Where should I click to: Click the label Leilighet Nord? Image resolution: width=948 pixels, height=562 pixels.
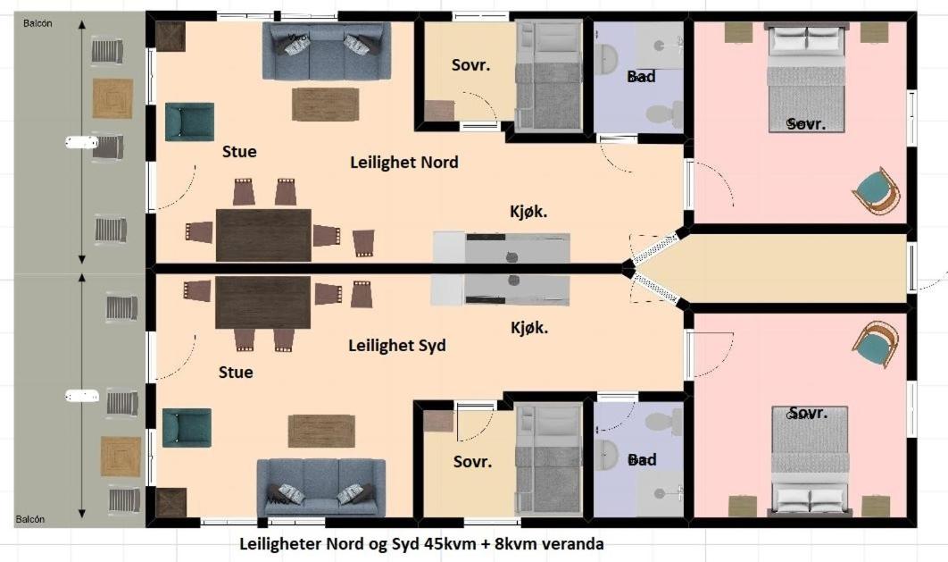coord(403,163)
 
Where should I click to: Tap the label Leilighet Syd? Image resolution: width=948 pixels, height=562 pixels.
coord(396,345)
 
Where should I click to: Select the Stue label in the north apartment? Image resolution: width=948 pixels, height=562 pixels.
coord(239,152)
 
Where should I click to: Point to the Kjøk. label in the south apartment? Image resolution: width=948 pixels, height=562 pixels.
coord(528,328)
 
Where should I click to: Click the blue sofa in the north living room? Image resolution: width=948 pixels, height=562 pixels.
coord(326,50)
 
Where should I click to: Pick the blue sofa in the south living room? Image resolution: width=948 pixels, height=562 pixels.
coord(321,487)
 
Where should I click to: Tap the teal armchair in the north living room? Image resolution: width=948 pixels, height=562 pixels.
coord(189,122)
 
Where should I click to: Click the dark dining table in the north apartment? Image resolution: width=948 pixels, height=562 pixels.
coord(263,234)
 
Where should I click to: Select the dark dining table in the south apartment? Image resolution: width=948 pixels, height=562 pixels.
coord(262,302)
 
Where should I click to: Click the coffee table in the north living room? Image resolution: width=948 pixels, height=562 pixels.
coord(325,105)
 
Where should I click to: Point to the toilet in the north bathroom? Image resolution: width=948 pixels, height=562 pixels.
coord(662,113)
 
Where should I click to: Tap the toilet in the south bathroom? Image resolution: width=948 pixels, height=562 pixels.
coord(662,422)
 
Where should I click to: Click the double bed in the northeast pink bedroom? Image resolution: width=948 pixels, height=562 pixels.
coord(806,79)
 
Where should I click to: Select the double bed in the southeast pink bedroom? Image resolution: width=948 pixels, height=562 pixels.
coord(809,461)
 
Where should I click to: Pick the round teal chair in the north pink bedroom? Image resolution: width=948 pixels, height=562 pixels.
coord(876,190)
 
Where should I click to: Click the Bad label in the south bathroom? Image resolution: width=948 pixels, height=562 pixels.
coord(641,460)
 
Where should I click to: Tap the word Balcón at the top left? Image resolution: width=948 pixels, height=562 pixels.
coord(37,24)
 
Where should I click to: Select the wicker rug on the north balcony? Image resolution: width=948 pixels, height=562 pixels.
coord(112,98)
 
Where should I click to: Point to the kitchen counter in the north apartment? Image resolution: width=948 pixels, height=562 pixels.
coord(502,247)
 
